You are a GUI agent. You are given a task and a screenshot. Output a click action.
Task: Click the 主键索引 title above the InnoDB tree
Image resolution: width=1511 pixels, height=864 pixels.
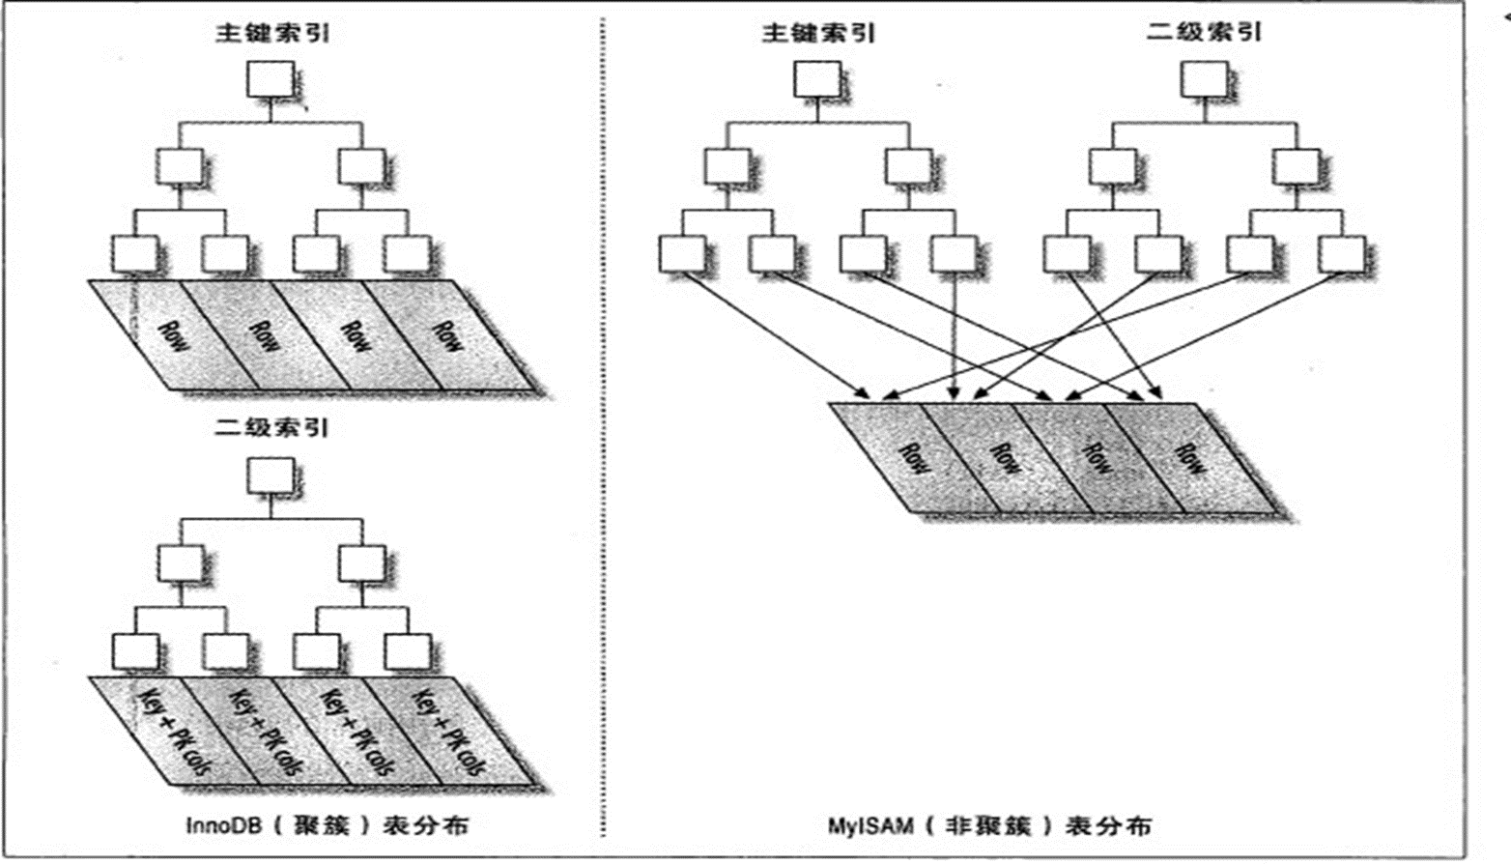pyautogui.click(x=271, y=34)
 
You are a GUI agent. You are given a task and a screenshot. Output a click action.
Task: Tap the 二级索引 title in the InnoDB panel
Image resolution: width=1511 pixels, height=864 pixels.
pyautogui.click(x=271, y=427)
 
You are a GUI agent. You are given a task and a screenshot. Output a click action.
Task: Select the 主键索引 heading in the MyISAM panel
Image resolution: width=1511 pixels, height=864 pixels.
pyautogui.click(x=818, y=34)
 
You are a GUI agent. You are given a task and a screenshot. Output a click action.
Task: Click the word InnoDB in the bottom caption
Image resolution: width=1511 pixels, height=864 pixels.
pyautogui.click(x=223, y=826)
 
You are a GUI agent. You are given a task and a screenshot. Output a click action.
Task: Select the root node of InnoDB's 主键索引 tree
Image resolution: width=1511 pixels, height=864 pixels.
pyautogui.click(x=271, y=79)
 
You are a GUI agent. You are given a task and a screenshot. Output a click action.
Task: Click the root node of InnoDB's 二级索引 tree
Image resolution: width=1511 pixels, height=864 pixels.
pyautogui.click(x=271, y=475)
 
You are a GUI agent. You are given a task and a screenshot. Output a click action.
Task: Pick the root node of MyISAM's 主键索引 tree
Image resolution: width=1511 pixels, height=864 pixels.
pyautogui.click(x=817, y=79)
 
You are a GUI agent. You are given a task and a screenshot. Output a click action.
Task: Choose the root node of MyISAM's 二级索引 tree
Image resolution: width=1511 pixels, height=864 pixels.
pyautogui.click(x=1204, y=79)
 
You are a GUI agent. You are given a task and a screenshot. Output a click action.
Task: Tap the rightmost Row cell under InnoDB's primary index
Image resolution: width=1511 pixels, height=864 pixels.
pyautogui.click(x=446, y=334)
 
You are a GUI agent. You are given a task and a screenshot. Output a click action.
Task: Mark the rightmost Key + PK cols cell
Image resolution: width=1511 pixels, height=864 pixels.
pyautogui.click(x=446, y=732)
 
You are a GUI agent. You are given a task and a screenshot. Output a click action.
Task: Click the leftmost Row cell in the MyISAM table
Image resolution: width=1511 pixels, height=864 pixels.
pyautogui.click(x=913, y=457)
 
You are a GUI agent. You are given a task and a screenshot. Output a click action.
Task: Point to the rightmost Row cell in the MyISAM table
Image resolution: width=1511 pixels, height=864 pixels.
pyautogui.click(x=1190, y=457)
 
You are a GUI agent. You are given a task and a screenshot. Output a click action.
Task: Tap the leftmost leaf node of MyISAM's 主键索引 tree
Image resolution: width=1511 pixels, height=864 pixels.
pyautogui.click(x=682, y=254)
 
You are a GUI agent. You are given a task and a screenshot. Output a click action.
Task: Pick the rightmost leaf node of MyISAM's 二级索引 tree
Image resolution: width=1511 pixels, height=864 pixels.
pyautogui.click(x=1341, y=254)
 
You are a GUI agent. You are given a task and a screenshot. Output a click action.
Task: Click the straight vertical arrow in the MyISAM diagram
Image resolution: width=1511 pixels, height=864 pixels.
pyautogui.click(x=955, y=333)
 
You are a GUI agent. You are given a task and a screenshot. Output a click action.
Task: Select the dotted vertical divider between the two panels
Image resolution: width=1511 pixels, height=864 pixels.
pyautogui.click(x=603, y=435)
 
